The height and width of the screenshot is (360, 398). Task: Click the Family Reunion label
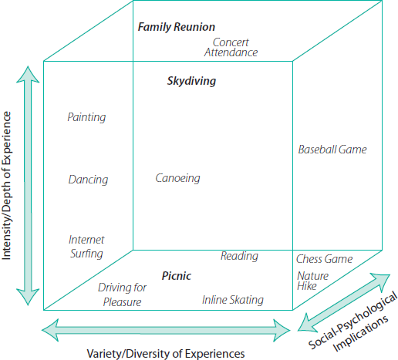[x=176, y=28]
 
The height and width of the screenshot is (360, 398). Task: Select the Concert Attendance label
[x=231, y=48]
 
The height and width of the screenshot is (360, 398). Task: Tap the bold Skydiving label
[x=191, y=81]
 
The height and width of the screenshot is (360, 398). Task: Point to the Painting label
[x=86, y=118]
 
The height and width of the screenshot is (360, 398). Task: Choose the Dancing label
[x=88, y=180]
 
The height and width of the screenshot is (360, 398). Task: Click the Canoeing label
[x=177, y=179]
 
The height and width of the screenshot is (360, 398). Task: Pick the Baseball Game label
[x=332, y=150]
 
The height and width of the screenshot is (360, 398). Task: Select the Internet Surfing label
[x=86, y=247]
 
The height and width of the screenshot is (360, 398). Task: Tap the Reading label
[x=239, y=256]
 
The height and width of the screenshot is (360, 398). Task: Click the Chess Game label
[x=324, y=259]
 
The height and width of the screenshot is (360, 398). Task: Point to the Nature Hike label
[x=312, y=281]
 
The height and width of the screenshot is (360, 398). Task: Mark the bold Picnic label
[x=177, y=276]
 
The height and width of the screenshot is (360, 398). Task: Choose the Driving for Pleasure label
[x=122, y=294]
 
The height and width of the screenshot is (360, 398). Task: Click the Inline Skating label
[x=233, y=300]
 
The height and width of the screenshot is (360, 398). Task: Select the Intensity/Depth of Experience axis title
[x=9, y=185]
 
